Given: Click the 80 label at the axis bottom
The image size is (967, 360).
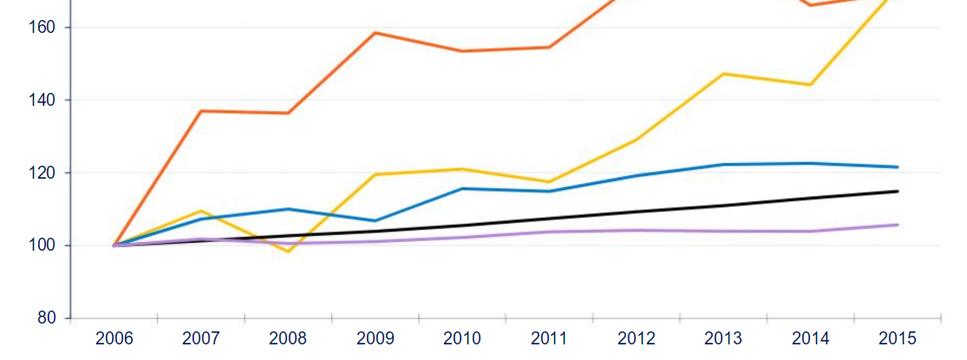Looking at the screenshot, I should pos(47,318).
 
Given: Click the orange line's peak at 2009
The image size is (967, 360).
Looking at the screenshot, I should pos(375,33).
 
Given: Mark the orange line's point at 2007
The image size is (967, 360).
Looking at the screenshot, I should pos(201,111).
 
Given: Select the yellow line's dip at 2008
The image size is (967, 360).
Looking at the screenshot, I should pos(288,251).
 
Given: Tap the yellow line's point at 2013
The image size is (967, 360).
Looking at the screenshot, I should pos(723,74).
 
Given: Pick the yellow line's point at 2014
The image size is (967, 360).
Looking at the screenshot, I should pos(810,84).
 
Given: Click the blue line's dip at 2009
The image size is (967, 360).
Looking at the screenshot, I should pos(375,220).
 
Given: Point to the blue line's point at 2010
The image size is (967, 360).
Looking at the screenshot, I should pos(461,188).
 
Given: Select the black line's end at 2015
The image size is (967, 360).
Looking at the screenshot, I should pos(897,191).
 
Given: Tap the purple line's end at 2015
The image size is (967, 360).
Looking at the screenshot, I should pos(897,225).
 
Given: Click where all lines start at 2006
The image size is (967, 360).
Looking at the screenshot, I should pos(114,245).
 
